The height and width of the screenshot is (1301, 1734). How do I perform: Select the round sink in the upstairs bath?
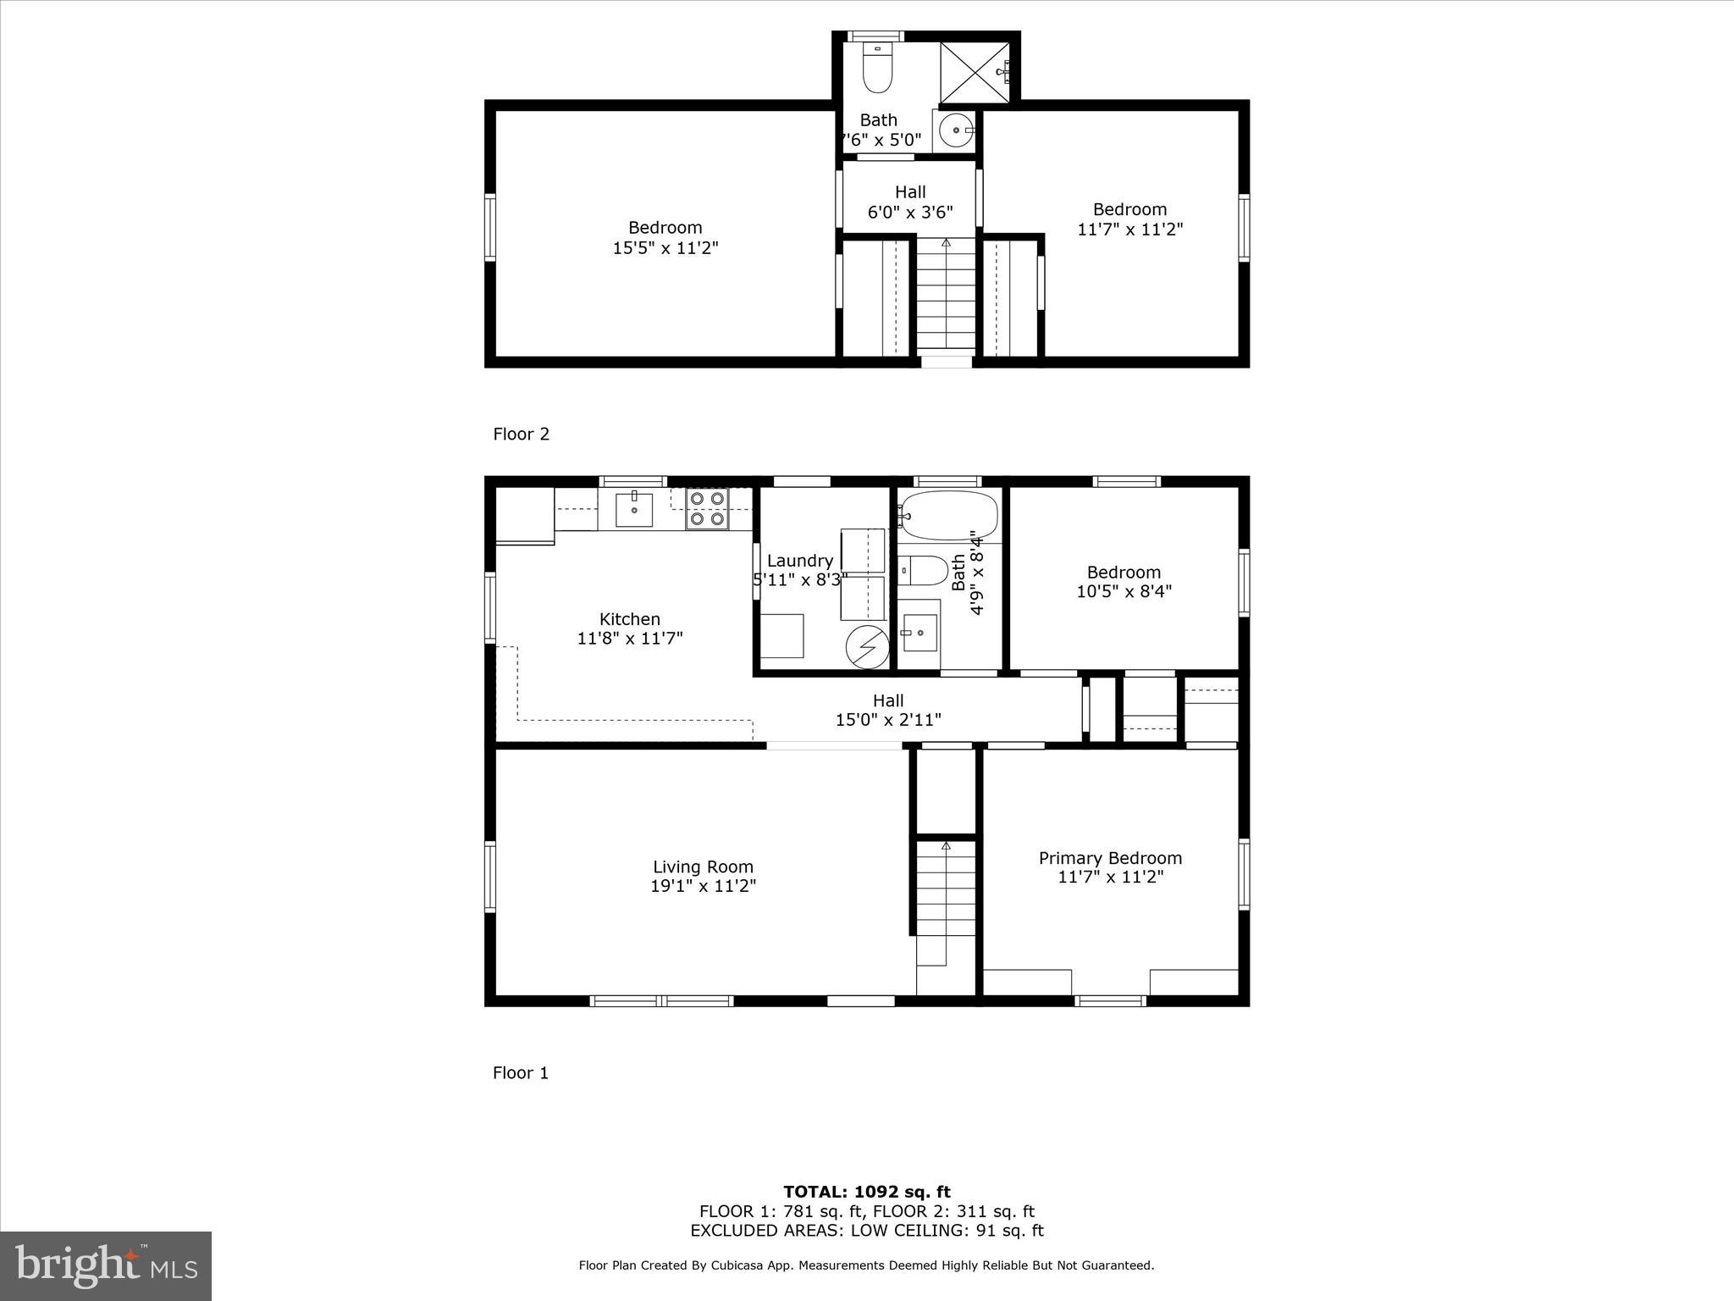point(956,131)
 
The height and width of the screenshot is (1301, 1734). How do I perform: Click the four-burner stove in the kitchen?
point(707,509)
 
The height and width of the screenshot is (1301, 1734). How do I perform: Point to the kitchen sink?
point(633,509)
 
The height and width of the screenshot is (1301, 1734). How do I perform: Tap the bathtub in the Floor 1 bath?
point(948,515)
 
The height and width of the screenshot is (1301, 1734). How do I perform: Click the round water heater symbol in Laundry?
point(866,647)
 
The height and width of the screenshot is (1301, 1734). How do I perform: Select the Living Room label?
point(703,866)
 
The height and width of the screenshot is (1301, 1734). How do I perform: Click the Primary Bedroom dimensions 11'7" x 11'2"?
point(1110,877)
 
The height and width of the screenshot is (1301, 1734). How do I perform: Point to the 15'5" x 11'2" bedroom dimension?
point(665,247)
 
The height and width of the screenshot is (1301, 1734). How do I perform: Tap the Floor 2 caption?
point(521,434)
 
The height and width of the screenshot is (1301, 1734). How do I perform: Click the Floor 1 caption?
point(521,1072)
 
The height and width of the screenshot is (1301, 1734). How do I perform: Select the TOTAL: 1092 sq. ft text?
point(866,1192)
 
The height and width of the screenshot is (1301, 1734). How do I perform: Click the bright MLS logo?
point(106,1265)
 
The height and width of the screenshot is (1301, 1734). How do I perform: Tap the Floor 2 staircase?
point(946,296)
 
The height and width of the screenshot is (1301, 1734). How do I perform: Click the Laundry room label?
point(799,561)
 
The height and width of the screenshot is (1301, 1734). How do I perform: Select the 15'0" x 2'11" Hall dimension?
point(888,720)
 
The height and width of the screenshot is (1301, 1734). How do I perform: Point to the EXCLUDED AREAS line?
point(866,1231)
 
